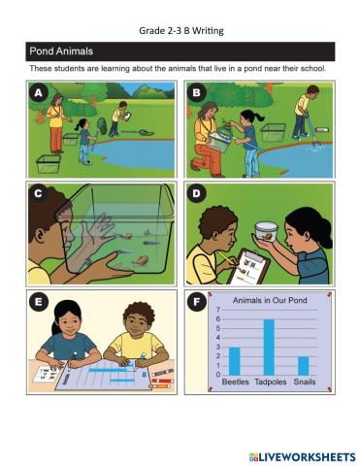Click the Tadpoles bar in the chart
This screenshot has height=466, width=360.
click(x=269, y=348)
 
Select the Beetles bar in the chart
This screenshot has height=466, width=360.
click(x=235, y=361)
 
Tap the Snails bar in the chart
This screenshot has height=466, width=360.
click(x=304, y=366)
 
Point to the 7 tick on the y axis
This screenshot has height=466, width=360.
click(x=218, y=310)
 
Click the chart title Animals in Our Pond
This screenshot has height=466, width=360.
click(x=270, y=300)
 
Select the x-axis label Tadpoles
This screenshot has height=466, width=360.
click(x=271, y=383)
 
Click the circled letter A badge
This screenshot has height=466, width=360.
click(x=39, y=93)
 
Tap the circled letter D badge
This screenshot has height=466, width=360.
click(x=196, y=193)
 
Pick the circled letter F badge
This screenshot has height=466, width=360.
click(x=196, y=302)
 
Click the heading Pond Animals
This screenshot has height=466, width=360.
click(x=61, y=51)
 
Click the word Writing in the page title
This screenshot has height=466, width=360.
click(x=208, y=31)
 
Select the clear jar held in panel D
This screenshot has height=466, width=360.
click(x=267, y=231)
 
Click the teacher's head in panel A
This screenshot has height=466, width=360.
click(x=57, y=100)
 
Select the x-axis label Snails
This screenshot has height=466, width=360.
click(x=305, y=382)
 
